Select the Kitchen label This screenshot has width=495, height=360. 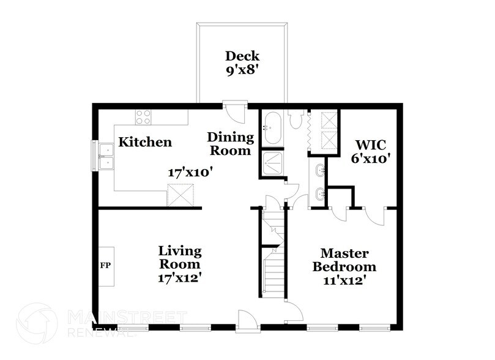coord(145,143)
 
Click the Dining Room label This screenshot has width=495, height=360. coord(229,143)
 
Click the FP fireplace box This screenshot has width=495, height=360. coord(105,267)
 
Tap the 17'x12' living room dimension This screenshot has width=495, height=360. coord(180,277)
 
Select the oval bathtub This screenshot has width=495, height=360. coord(272,129)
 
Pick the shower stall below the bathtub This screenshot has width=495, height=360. coord(271,163)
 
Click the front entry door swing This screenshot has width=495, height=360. coord(245,320)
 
